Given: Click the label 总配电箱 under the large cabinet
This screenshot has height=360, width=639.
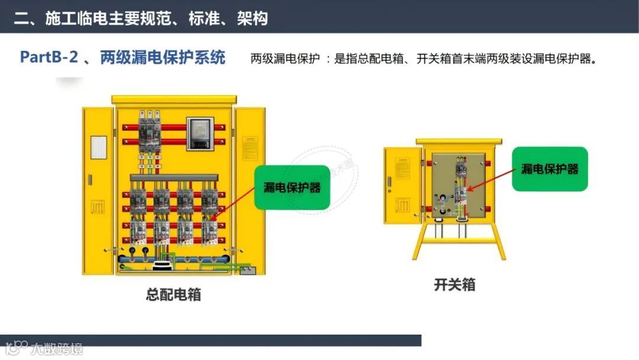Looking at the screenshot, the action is tap(173, 294).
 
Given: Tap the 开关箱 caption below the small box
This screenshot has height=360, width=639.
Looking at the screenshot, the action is tap(454, 285).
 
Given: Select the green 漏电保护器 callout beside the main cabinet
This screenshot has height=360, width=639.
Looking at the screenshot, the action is tap(292, 187).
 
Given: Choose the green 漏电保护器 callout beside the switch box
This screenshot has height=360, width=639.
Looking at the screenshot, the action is tap(550, 169).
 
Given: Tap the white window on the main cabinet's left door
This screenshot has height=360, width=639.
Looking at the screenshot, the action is tap(99, 147).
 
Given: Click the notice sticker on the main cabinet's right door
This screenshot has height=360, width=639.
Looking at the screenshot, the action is tap(250, 147).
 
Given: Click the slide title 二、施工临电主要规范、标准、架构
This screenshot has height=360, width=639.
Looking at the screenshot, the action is tap(141, 18).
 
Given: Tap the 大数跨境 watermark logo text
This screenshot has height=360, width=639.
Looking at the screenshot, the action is tap(57, 348).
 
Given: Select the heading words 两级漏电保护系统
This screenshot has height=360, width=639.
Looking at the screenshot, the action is tap(162, 57).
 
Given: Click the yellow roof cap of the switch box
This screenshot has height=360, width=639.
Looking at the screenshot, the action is tap(459, 142).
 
